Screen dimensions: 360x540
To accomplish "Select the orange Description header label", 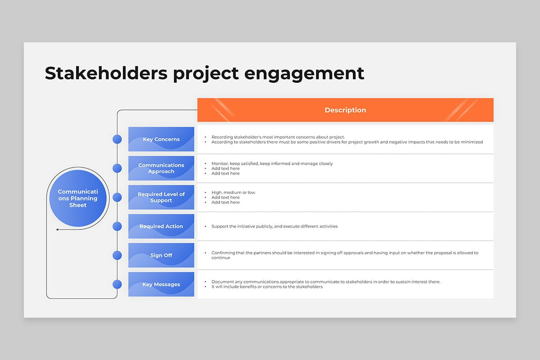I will tap(345, 110).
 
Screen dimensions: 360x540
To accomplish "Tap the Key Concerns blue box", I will tap(161, 139).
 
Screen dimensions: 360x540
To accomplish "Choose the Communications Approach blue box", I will tap(161, 168).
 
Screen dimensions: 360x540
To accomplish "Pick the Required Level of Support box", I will tap(161, 197).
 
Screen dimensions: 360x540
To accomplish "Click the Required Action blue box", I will tap(161, 226).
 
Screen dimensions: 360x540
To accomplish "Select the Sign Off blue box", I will tap(161, 255).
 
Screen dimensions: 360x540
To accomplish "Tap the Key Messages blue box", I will tap(161, 284).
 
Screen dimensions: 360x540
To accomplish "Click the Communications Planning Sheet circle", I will tap(78, 198).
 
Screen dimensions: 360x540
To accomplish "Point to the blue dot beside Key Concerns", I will tap(117, 139).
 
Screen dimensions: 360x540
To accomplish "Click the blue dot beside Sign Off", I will tap(117, 255).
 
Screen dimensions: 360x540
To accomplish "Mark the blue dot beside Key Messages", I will tap(117, 284).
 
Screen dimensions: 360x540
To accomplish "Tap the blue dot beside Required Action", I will tap(117, 226).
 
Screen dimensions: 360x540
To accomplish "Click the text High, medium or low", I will tap(233, 193).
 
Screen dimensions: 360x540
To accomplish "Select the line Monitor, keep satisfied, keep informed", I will tap(272, 163).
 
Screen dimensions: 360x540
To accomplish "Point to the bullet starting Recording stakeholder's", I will tap(278, 137).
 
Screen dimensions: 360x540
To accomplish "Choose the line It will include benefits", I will tap(267, 287).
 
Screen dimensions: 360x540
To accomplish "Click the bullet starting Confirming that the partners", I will tap(345, 253).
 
